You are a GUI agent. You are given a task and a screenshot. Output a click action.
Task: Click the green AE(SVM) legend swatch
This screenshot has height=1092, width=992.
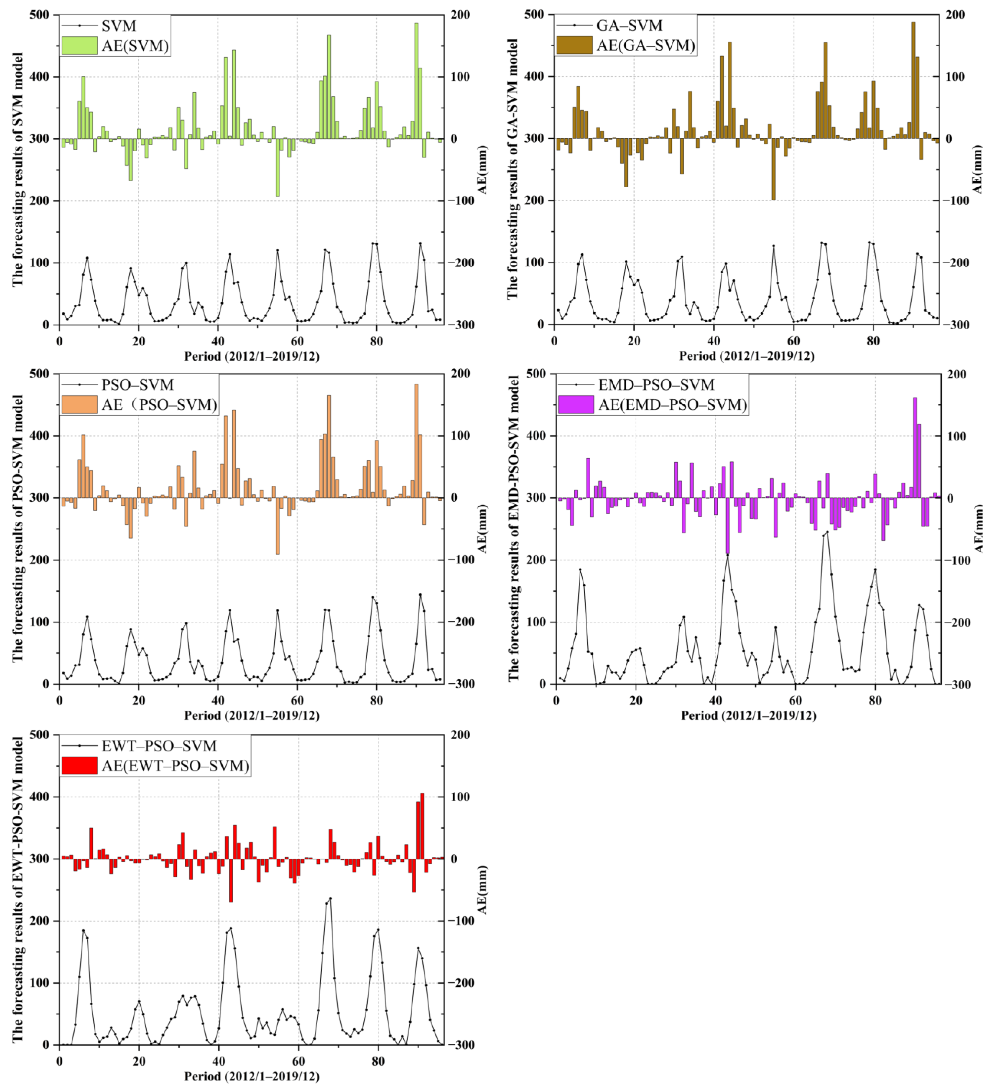coord(79,45)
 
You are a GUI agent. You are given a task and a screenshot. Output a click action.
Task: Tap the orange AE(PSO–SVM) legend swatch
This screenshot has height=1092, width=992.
coord(79,405)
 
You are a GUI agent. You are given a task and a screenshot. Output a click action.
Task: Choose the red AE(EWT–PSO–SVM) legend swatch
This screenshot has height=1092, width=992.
coord(79,765)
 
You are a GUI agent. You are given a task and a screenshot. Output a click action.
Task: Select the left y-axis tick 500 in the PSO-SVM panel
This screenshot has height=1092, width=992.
coord(39,374)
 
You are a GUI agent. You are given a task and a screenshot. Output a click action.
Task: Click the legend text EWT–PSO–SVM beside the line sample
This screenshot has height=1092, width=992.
coord(159,746)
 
